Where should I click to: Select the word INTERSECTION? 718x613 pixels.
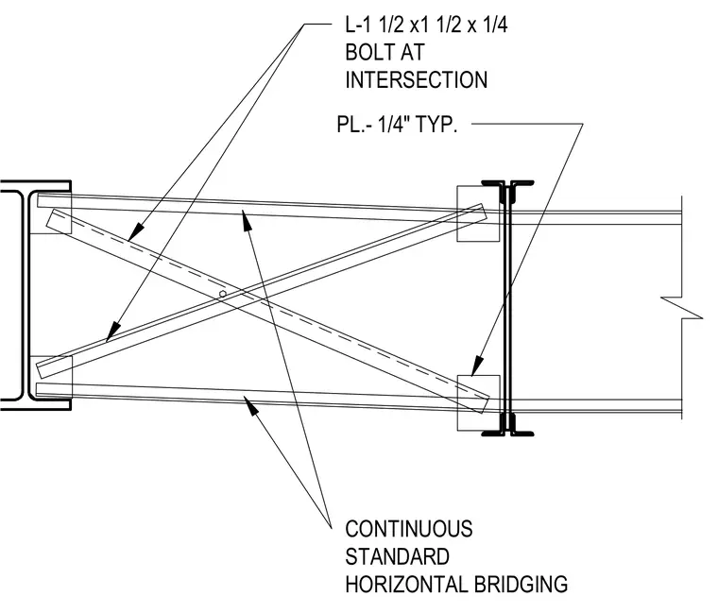[417, 79]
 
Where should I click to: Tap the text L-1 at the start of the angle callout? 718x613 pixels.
[358, 25]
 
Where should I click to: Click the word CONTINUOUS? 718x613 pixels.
[409, 529]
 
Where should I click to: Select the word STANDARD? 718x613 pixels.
[397, 556]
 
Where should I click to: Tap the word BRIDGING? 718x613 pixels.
[521, 585]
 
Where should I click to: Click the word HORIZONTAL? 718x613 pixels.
[406, 585]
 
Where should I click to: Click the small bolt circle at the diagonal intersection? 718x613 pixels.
[223, 294]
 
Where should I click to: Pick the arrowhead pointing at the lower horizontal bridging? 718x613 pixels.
[250, 405]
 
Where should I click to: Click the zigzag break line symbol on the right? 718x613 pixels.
[682, 307]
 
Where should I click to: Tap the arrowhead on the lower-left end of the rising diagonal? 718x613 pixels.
[113, 331]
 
